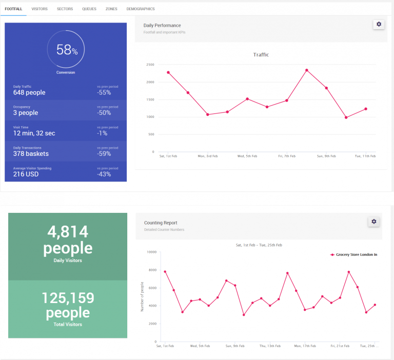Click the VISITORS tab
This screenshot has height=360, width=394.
coord(40,9)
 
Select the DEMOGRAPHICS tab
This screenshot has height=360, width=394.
coord(140,9)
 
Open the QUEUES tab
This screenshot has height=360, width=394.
coord(89,9)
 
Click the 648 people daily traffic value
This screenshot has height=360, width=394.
coord(29,93)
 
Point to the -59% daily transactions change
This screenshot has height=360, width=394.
coord(104,154)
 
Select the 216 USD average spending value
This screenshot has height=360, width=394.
coord(26,174)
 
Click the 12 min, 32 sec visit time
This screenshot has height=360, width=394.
coord(34,133)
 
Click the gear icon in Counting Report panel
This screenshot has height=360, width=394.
coord(374,222)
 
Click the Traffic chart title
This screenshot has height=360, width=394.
coord(261,55)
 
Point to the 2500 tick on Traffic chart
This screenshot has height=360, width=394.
coord(150,65)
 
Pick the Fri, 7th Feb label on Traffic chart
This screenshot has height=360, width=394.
coord(287,156)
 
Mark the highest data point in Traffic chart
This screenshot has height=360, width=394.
coord(307,70)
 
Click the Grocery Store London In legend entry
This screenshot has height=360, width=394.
coord(354,254)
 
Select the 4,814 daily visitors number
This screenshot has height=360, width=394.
coord(68,232)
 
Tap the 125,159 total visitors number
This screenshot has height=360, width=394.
coord(68,298)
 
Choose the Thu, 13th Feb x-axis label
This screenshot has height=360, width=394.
coord(269,346)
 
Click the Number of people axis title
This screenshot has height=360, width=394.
coord(142,296)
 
